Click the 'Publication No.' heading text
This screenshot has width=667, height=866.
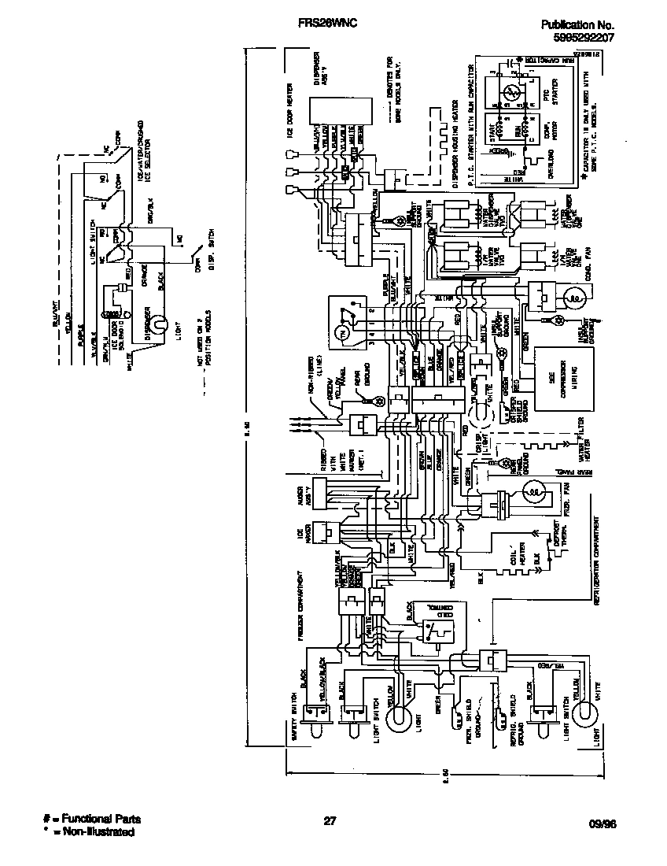point(577,24)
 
